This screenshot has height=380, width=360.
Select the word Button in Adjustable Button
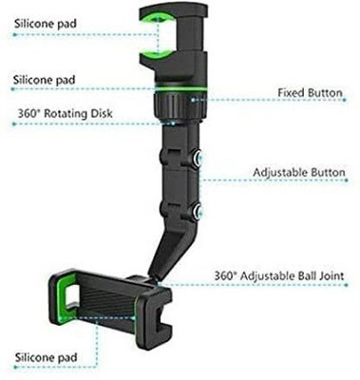(324, 174)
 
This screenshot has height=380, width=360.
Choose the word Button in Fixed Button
(324, 92)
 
